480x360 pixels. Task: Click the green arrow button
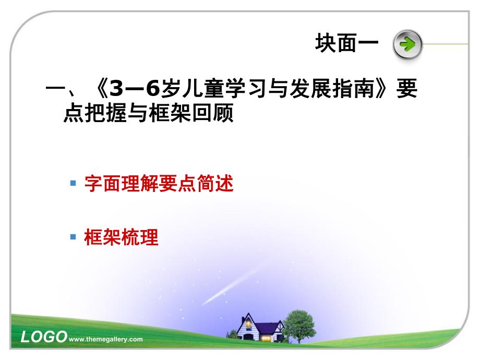[x=406, y=44]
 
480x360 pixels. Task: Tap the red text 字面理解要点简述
[x=158, y=185]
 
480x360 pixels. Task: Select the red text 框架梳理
[x=121, y=238]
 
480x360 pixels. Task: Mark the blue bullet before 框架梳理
[x=73, y=237]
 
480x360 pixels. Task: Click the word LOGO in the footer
[x=43, y=337]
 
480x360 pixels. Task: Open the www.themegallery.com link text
[x=105, y=339]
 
